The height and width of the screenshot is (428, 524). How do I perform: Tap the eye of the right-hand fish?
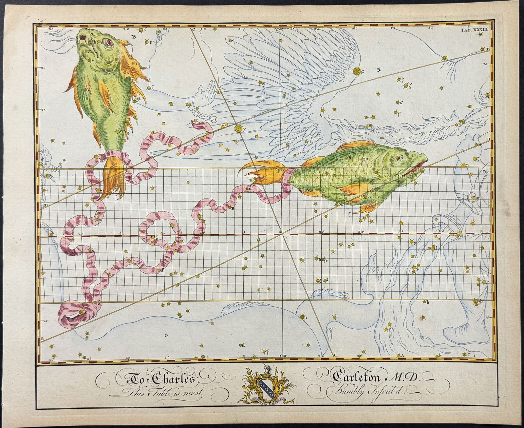point(399,158)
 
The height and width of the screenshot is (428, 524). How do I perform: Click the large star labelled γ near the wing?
point(238,128)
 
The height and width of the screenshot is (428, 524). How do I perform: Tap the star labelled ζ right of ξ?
point(407,86)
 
